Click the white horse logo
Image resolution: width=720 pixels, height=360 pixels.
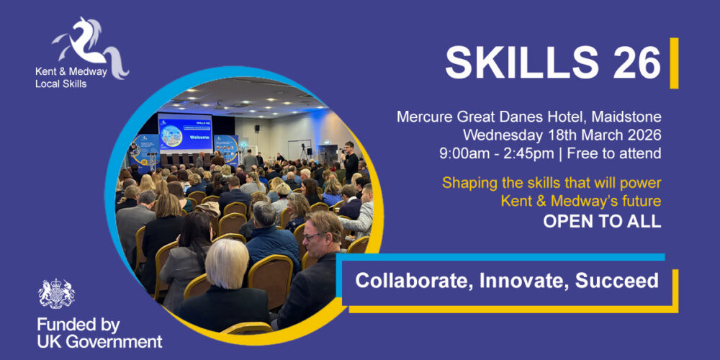90,46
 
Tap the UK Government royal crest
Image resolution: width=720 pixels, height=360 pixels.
56,294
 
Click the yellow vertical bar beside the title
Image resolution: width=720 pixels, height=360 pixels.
674,63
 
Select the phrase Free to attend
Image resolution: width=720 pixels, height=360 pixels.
614,153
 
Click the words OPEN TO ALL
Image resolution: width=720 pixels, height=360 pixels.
603,221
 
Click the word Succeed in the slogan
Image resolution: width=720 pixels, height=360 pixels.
617,281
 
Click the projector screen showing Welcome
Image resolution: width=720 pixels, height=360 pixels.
185,132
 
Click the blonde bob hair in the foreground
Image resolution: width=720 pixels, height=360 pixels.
227,264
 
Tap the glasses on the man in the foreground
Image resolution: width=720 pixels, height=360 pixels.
312,236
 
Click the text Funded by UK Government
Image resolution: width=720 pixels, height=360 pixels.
99,333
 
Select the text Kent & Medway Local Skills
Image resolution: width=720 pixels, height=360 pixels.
71,78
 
